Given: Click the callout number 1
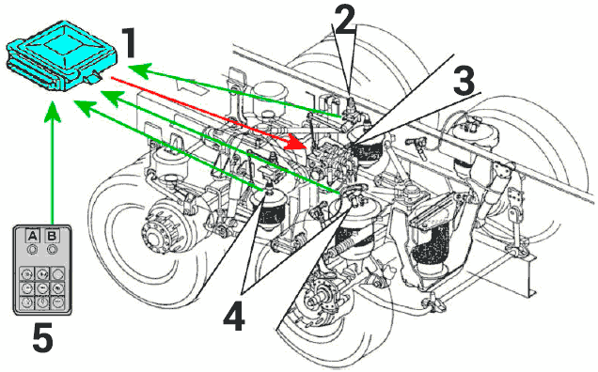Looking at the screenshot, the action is tap(127, 44).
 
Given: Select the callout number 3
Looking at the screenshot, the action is tap(464, 81).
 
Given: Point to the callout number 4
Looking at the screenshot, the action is tap(233, 316).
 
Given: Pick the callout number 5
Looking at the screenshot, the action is tap(42, 337).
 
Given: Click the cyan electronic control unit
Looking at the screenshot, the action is tap(61, 56).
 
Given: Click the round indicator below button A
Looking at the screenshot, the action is tap(33, 250).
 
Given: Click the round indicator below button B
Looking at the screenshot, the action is tap(52, 250).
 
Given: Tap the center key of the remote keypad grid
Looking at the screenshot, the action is tap(42, 287).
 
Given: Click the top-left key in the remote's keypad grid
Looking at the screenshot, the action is tap(27, 273).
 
